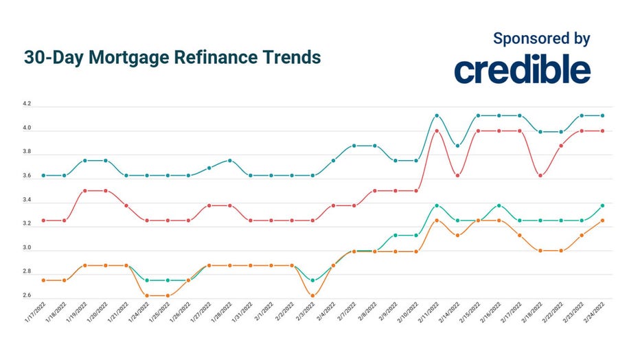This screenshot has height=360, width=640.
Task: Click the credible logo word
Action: coord(522,70)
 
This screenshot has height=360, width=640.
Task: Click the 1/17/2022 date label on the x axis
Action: coord(34,315)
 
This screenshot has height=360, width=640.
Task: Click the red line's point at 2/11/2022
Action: coord(437,131)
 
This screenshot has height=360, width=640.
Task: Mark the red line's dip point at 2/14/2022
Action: coord(457,176)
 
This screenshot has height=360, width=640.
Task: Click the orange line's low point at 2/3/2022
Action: coord(312,296)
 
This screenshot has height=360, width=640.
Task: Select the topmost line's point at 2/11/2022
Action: coord(437,115)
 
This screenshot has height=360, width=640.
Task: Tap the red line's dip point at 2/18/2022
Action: coord(540,176)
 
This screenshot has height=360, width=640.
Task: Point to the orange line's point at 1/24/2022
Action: coord(147,296)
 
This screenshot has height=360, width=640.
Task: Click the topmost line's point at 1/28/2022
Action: coord(230,161)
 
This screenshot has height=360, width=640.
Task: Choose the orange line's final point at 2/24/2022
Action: coord(602,221)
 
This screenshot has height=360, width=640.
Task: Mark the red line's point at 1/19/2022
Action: coord(85,190)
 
